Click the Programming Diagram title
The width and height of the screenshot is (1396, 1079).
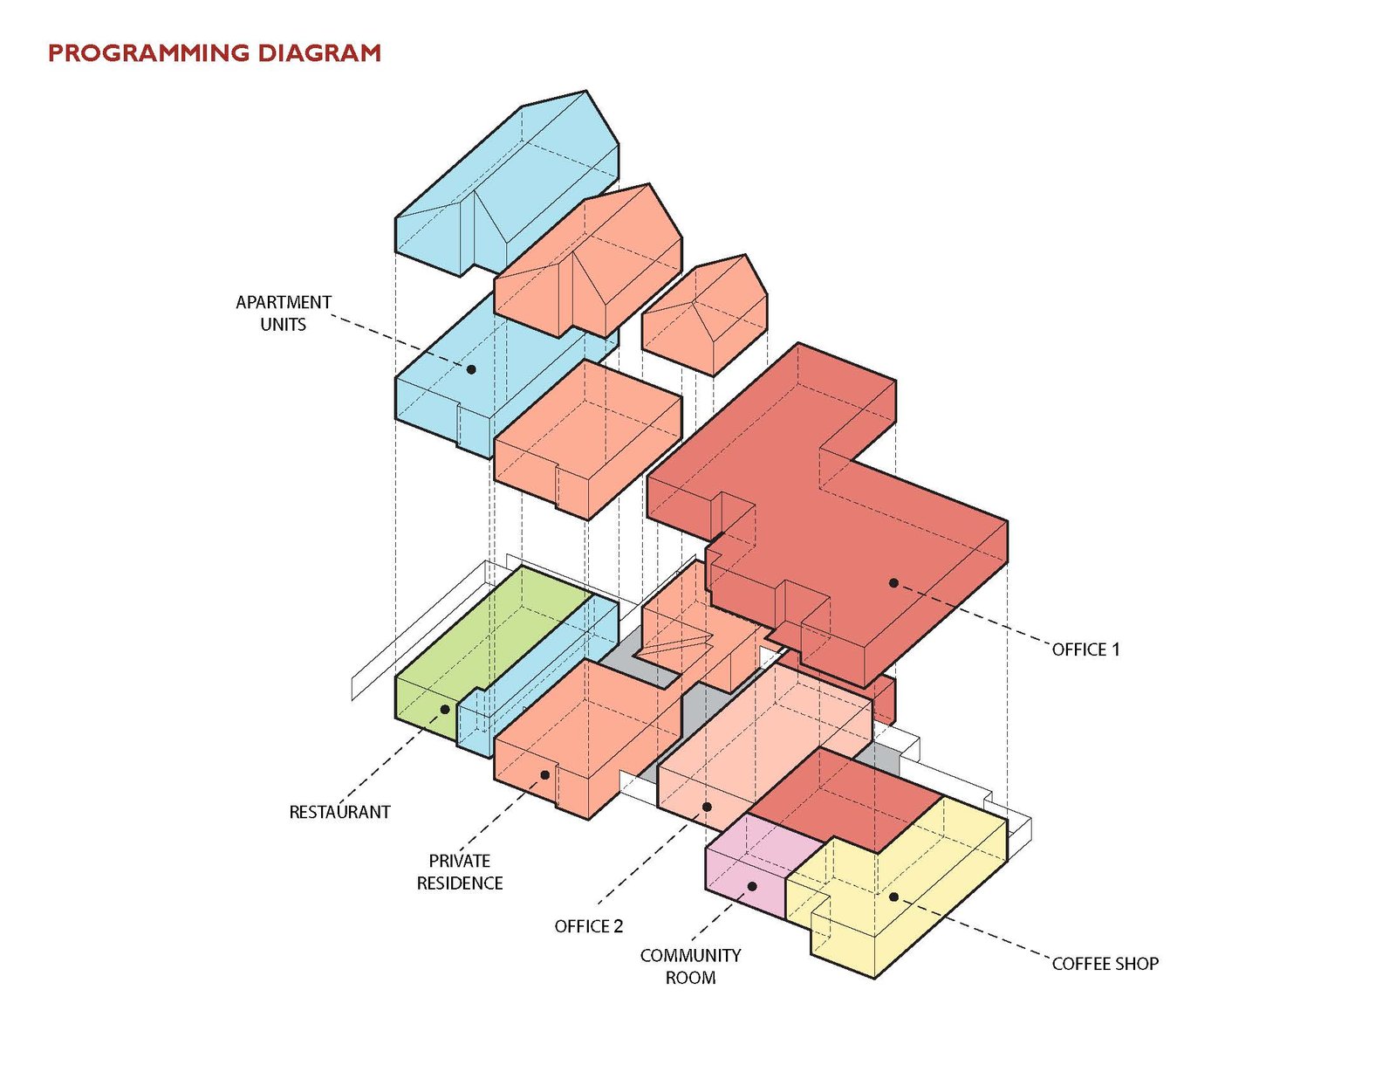tap(214, 53)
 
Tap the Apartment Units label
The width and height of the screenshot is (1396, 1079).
tap(284, 313)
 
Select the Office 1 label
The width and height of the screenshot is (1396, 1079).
tap(1085, 649)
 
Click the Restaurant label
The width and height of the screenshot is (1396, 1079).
tap(339, 812)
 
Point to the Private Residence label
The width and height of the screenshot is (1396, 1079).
tap(460, 871)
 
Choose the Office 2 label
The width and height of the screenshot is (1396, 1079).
tap(589, 926)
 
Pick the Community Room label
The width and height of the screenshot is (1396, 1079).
tap(690, 966)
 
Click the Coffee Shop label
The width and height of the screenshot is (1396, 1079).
tap(1105, 964)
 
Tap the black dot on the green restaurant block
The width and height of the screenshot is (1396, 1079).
tap(445, 709)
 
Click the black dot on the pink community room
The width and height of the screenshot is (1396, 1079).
tap(752, 886)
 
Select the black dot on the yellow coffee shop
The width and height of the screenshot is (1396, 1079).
tap(893, 897)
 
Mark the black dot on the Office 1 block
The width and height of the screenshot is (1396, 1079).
tap(893, 582)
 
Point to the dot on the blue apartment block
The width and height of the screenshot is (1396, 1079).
tap(471, 369)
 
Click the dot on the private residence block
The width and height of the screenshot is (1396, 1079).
tap(544, 774)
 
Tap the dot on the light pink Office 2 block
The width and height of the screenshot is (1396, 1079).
tap(707, 807)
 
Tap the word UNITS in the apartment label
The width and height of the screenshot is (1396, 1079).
tap(284, 325)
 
